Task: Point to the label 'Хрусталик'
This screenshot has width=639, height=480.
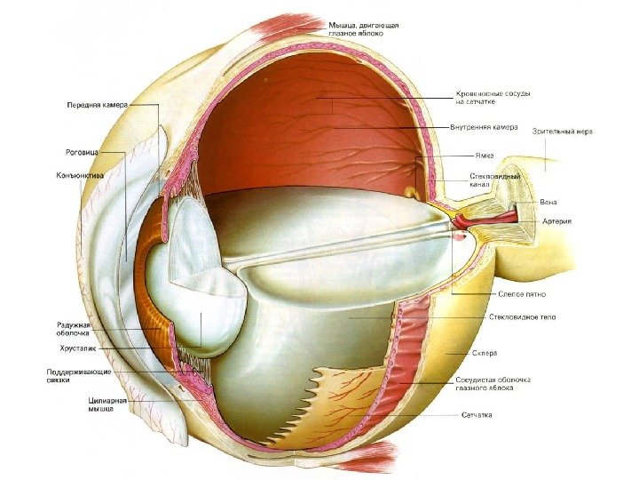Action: pos(76,349)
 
